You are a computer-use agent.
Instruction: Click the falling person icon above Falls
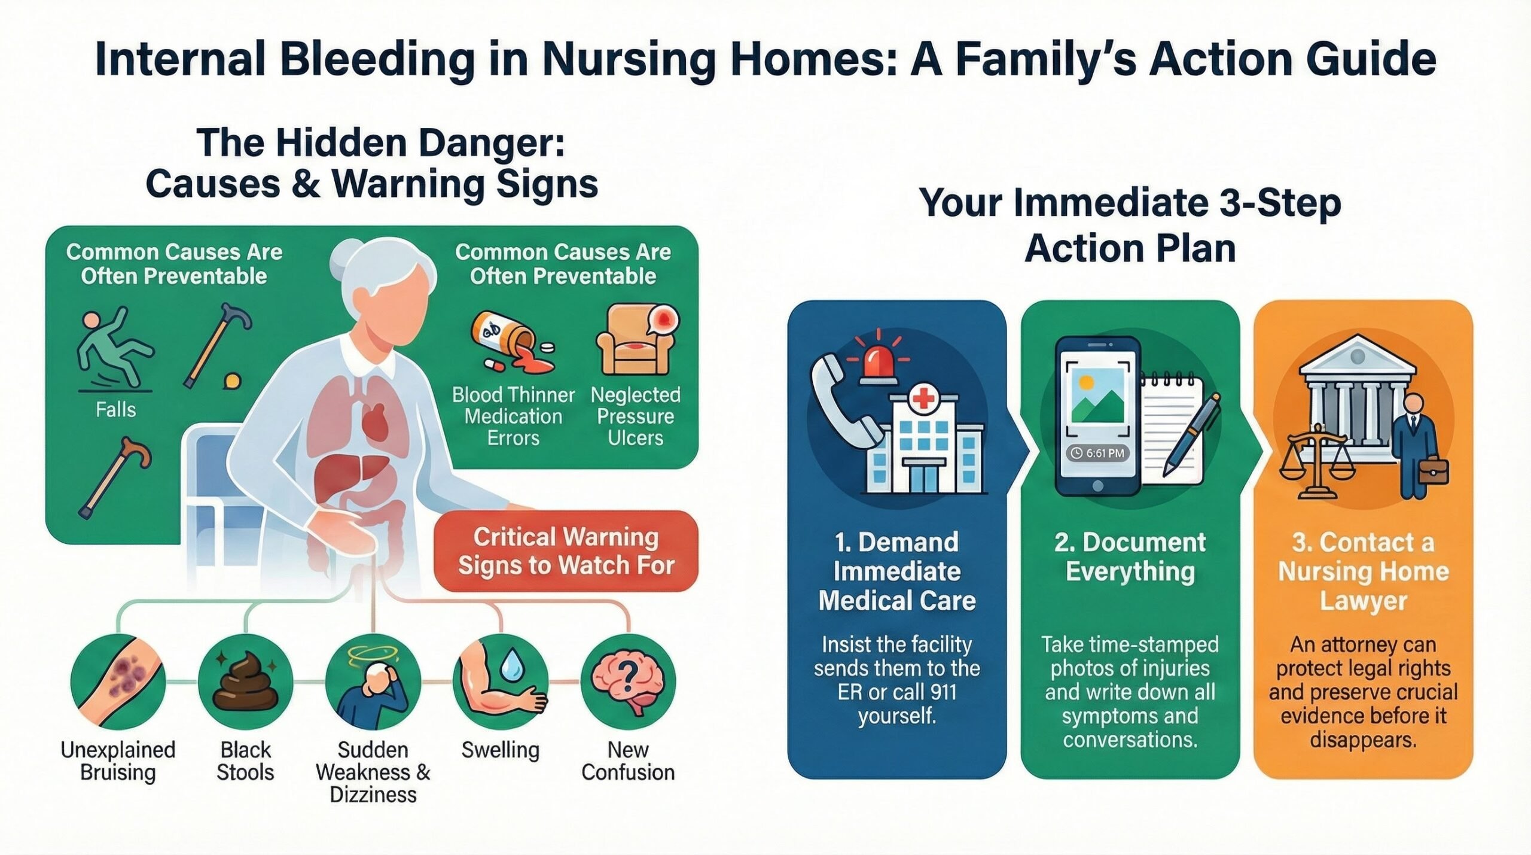pyautogui.click(x=114, y=347)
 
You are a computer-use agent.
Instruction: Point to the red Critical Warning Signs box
pyautogui.click(x=566, y=551)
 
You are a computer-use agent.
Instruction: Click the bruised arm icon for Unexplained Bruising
pyautogui.click(x=118, y=682)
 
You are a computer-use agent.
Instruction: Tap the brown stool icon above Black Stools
pyautogui.click(x=246, y=682)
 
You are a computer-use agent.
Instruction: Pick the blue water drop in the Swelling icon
pyautogui.click(x=512, y=665)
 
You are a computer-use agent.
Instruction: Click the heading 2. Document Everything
pyautogui.click(x=1130, y=556)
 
